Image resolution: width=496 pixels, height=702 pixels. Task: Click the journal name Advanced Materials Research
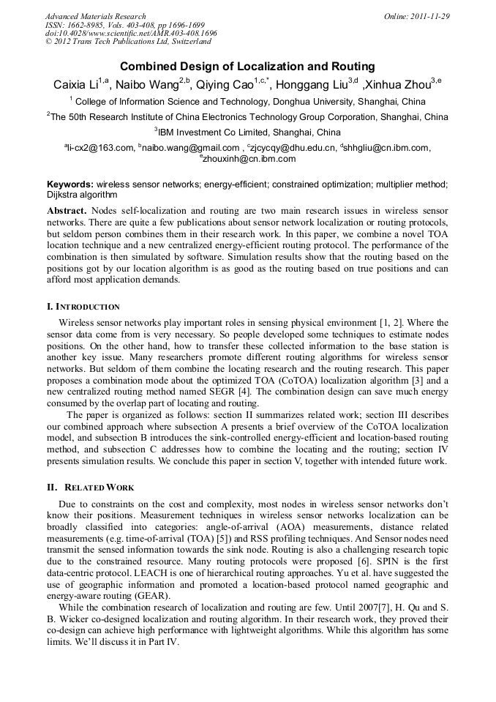95,16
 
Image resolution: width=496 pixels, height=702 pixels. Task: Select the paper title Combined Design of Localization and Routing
247,66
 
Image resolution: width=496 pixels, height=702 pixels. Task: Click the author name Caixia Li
76,85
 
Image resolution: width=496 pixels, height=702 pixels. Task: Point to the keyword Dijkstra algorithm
82,195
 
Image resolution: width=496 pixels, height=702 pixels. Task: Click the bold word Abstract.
66,211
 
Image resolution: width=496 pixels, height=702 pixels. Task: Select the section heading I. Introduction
83,307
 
